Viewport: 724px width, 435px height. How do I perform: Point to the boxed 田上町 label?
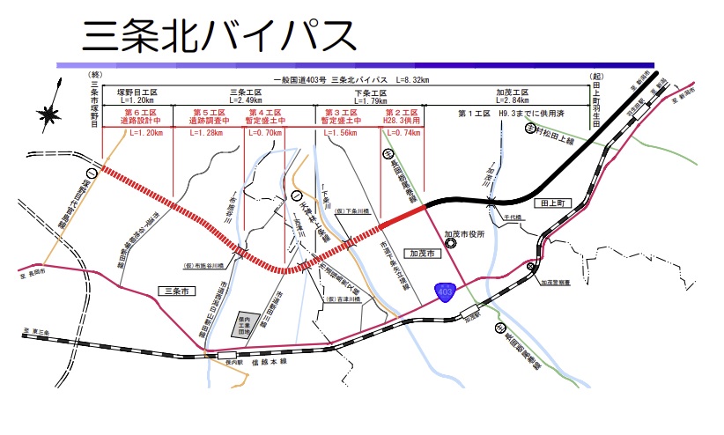(x=558, y=202)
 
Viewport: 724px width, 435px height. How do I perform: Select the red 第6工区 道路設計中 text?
(x=139, y=116)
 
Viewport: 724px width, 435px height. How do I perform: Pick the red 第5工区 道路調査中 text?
(x=211, y=116)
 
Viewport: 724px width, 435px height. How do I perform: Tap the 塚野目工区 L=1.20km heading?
(x=137, y=96)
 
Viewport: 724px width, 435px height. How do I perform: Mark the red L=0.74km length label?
(x=401, y=132)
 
